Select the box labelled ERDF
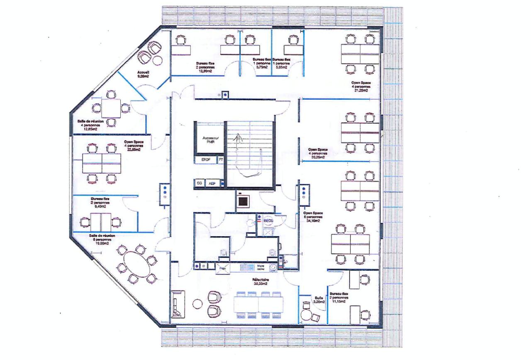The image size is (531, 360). (206, 159)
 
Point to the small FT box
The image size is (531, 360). (221, 159)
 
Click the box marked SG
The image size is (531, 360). (199, 183)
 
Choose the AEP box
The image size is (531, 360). (212, 183)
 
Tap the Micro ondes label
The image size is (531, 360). (261, 267)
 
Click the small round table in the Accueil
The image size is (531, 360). (157, 61)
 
